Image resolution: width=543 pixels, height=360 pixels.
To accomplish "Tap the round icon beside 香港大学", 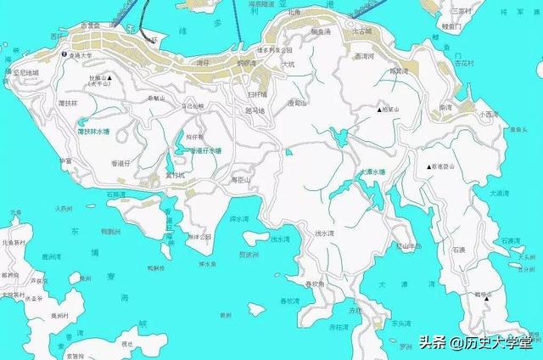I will pyautogui.click(x=64, y=53).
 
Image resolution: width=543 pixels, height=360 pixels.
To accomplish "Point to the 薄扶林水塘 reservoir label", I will pyautogui.click(x=93, y=132).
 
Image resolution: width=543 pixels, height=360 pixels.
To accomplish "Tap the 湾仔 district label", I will pyautogui.click(x=202, y=62).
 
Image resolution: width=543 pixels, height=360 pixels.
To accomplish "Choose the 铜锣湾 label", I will pyautogui.click(x=246, y=62).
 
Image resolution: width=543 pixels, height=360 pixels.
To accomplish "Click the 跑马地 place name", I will pyautogui.click(x=255, y=110).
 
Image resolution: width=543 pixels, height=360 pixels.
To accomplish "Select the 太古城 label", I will pyautogui.click(x=362, y=31).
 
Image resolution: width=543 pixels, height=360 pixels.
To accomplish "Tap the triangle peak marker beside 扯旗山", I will pyautogui.click(x=109, y=77).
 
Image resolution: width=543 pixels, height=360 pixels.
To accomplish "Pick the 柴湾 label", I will pyautogui.click(x=445, y=108).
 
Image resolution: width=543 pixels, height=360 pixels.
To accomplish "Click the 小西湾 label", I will pyautogui.click(x=486, y=113).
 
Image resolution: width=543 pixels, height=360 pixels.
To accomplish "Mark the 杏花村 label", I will pyautogui.click(x=463, y=63).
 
